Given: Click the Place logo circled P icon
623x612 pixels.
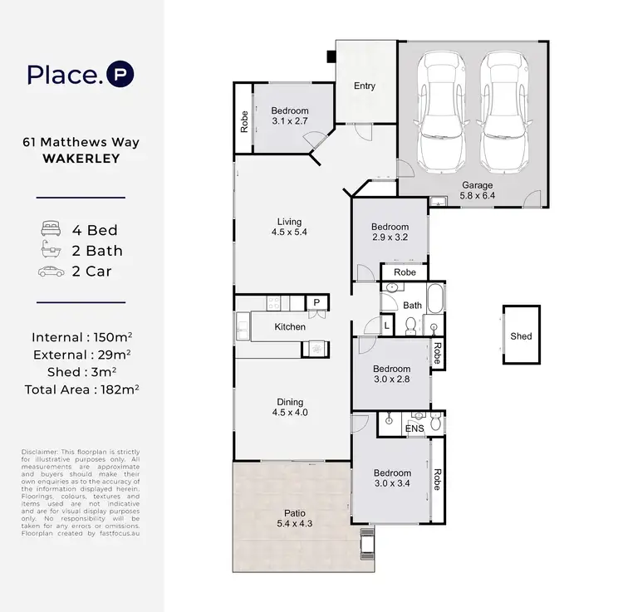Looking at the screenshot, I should [x=120, y=74].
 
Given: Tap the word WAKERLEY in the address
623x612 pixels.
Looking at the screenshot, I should [x=81, y=157].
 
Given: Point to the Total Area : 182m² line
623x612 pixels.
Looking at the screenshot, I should [x=81, y=388].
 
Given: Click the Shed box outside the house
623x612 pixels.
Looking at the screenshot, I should [x=521, y=335].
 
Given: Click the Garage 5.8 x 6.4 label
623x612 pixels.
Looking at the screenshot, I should [x=478, y=191].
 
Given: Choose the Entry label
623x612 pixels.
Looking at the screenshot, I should [x=364, y=86].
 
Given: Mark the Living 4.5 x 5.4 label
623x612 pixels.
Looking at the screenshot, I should [x=289, y=227].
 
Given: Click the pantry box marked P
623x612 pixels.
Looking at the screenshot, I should [x=316, y=303].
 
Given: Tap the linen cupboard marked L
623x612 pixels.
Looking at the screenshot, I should [x=387, y=326].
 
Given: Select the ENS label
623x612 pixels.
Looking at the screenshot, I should [x=414, y=428].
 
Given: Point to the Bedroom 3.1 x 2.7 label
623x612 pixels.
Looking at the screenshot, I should [x=290, y=116].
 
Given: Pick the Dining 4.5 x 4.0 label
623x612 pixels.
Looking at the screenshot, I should [x=290, y=408].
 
